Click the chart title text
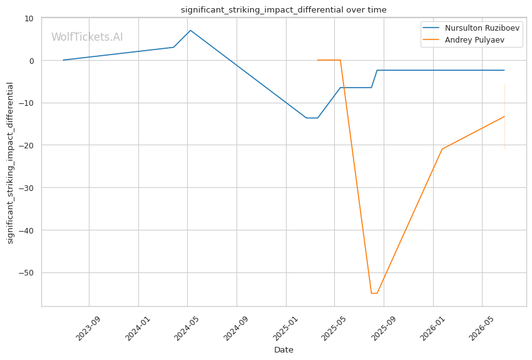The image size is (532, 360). [284, 10]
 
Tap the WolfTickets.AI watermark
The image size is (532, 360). [87, 37]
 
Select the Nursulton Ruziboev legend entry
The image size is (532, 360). [471, 28]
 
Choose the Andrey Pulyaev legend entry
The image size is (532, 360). [463, 39]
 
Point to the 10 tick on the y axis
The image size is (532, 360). [29, 18]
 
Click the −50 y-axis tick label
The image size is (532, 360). [27, 272]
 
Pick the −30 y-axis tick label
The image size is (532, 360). [27, 188]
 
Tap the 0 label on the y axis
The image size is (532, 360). [32, 61]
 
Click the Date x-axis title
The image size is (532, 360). [284, 350]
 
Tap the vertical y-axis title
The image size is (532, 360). [10, 163]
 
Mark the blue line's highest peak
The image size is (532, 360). [190, 30]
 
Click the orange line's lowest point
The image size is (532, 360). [374, 293]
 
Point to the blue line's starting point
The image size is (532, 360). [63, 60]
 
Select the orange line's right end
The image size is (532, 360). [504, 116]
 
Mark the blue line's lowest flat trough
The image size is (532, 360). [312, 118]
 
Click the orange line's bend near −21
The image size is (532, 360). [442, 149]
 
